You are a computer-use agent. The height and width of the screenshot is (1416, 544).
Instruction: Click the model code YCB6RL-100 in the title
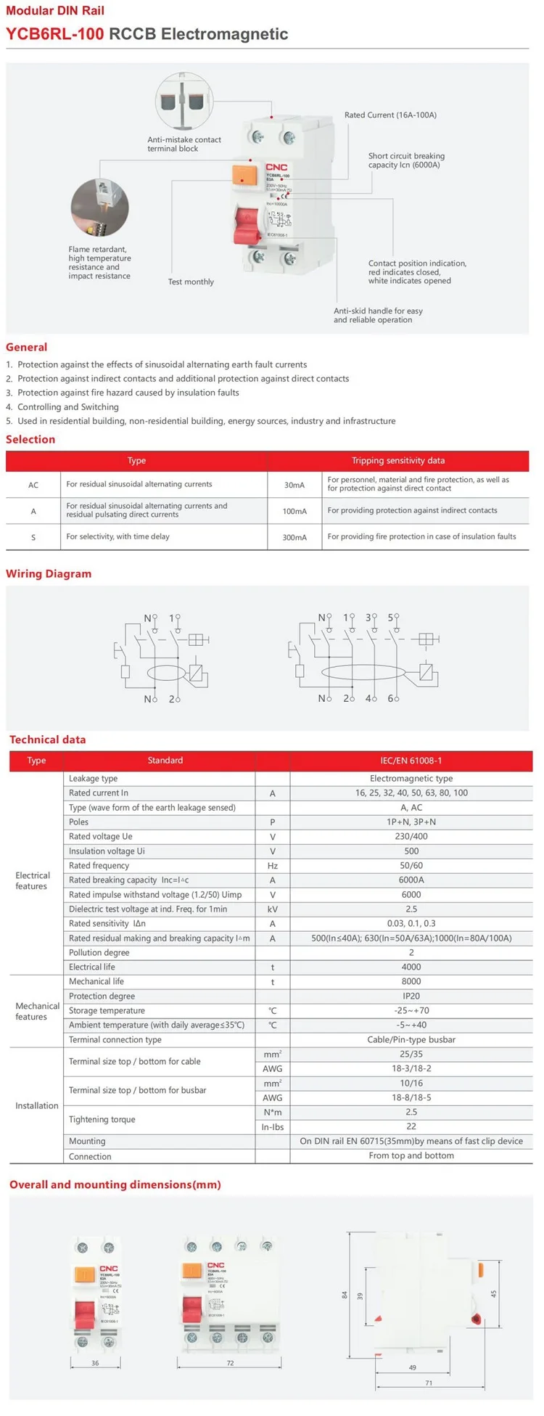tap(55, 34)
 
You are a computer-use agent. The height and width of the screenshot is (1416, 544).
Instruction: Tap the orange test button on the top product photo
tap(245, 176)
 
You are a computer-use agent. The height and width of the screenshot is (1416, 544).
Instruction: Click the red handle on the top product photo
tap(246, 224)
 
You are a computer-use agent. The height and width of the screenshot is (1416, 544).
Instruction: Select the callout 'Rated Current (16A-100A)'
tap(390, 115)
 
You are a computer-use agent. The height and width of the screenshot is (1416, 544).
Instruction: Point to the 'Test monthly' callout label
tap(191, 282)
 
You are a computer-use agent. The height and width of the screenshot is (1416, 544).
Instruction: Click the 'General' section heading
tap(27, 348)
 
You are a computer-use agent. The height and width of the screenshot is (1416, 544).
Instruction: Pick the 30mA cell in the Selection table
tap(294, 485)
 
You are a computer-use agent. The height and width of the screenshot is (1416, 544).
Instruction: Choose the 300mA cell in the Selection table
tap(294, 538)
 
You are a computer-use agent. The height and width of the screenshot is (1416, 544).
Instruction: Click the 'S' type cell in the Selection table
tap(33, 538)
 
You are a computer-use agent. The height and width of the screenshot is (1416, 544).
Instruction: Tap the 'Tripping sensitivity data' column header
tap(398, 461)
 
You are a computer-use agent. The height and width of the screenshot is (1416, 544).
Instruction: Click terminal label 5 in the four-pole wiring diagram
tap(390, 618)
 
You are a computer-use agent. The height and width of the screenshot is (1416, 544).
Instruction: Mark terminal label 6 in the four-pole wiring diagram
tap(390, 698)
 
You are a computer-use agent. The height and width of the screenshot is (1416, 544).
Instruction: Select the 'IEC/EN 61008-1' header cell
tap(411, 761)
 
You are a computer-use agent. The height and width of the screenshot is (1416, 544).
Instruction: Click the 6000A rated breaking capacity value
tap(411, 880)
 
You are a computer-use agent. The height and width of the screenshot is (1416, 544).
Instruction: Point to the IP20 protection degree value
tap(411, 996)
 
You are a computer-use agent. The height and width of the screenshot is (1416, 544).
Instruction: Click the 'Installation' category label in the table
tap(37, 1106)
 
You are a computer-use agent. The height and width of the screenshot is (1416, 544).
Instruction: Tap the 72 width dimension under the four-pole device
tap(230, 1363)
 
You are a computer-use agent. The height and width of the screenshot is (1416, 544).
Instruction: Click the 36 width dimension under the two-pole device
tap(95, 1363)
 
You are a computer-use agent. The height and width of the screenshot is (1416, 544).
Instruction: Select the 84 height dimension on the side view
tap(345, 1295)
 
